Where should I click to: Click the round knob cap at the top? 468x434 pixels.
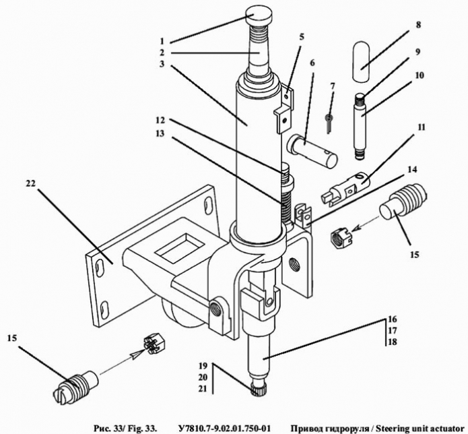click(259, 17)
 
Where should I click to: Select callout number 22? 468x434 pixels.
click(31, 183)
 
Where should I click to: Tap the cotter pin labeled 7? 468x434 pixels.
click(329, 123)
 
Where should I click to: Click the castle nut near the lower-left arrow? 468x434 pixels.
click(155, 345)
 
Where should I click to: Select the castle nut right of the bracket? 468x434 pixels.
click(342, 237)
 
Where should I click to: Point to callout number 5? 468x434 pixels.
click(302, 37)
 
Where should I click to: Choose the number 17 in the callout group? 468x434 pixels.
click(392, 330)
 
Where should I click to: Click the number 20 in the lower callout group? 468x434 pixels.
click(203, 377)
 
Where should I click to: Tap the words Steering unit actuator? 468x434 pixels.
click(419, 429)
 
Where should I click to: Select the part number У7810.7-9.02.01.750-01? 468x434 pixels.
click(222, 429)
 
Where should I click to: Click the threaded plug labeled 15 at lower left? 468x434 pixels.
click(76, 386)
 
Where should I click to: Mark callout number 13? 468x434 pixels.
click(160, 133)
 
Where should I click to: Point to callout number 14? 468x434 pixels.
click(412, 170)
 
